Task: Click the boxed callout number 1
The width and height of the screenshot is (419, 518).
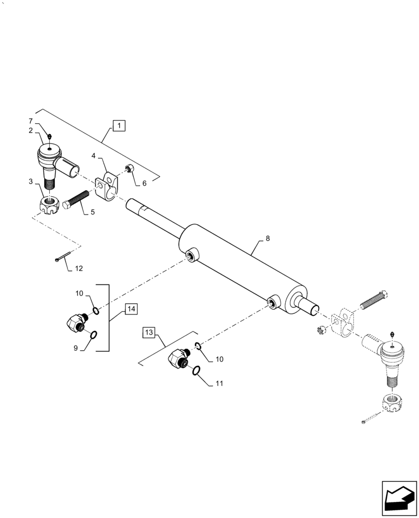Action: click(119, 125)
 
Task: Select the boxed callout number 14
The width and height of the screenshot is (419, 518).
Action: click(131, 309)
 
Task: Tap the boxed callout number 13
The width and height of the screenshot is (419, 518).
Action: click(149, 333)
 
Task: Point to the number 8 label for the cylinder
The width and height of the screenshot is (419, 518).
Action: click(267, 239)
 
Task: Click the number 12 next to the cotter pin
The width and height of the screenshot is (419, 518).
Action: click(78, 269)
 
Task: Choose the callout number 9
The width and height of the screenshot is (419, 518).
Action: click(76, 349)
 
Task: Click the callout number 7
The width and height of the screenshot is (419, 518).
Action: click(38, 121)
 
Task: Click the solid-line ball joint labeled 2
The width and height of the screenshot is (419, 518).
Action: click(50, 157)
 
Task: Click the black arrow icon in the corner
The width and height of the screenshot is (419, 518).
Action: click(399, 498)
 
